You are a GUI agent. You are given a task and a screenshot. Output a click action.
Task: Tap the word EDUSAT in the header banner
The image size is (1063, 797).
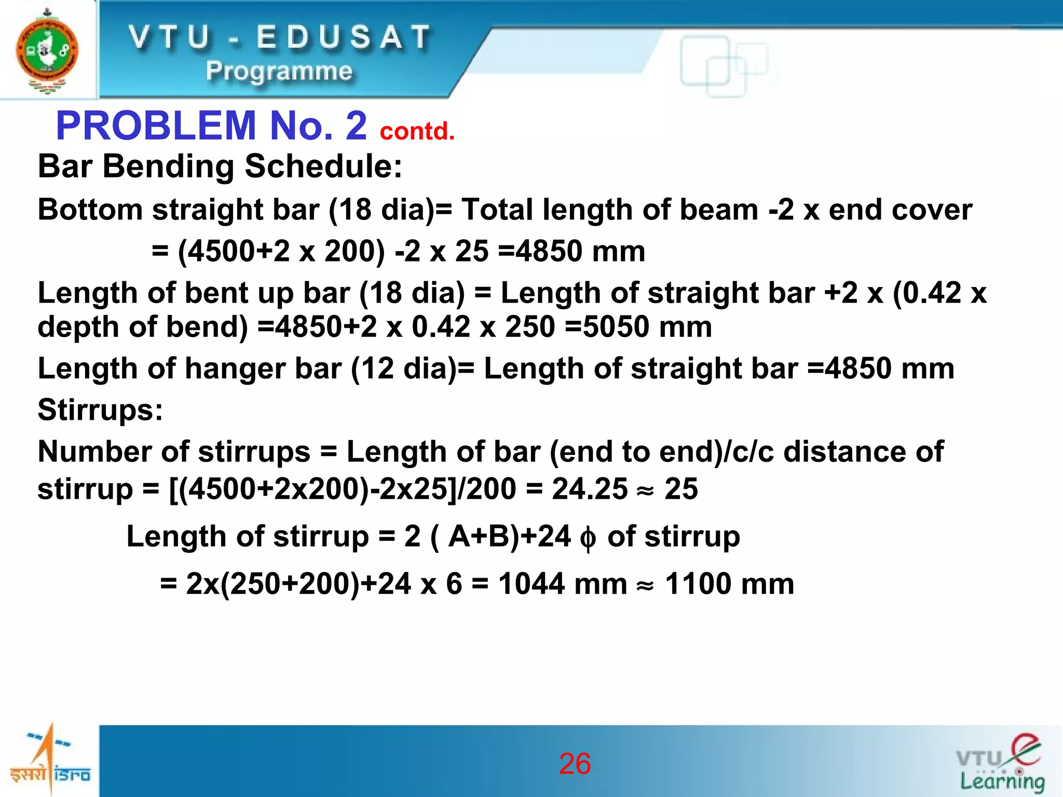pos(343,38)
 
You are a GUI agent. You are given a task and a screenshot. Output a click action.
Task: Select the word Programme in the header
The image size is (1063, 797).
pos(279,71)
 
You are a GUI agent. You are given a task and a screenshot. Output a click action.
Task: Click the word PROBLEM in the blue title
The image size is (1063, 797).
pos(156,126)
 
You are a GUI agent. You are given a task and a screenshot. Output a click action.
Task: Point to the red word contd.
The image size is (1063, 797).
pos(417,131)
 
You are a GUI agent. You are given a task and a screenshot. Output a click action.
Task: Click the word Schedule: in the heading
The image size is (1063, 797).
pos(323,167)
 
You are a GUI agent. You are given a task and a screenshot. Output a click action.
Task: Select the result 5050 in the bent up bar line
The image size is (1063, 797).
pos(616,327)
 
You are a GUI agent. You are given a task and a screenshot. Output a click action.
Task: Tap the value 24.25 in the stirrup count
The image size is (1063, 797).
pos(589,489)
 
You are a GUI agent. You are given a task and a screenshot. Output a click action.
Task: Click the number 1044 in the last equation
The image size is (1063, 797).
pos(531,584)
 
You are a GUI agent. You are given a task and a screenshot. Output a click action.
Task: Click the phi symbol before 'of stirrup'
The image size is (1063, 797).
pos(588,538)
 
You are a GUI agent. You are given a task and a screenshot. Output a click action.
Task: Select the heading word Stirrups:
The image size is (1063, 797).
pos(100,410)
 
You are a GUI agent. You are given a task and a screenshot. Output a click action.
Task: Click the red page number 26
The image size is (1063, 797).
pos(575,763)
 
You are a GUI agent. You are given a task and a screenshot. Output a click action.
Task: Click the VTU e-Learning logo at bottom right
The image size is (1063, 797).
pos(1001,763)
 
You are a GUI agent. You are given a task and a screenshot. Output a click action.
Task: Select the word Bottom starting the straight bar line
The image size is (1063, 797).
pos(90,210)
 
